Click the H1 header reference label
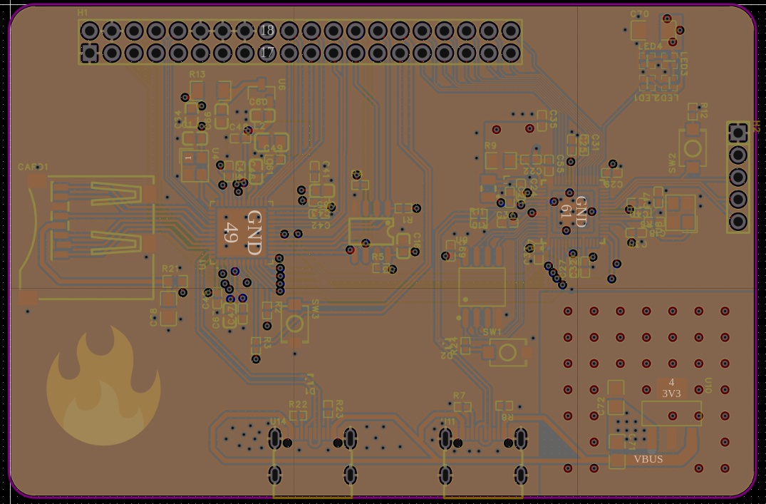click(83, 13)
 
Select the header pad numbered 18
click(266, 31)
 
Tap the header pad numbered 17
click(266, 53)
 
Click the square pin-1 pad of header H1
click(90, 53)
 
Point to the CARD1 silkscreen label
click(33, 167)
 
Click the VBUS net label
click(648, 459)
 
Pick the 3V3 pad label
click(671, 393)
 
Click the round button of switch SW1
click(507, 352)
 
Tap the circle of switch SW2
click(692, 147)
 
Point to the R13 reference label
click(197, 74)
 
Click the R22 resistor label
click(298, 404)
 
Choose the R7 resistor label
click(459, 395)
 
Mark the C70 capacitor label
click(639, 14)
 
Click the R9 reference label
click(490, 145)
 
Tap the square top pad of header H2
click(738, 133)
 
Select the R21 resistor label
click(170, 269)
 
